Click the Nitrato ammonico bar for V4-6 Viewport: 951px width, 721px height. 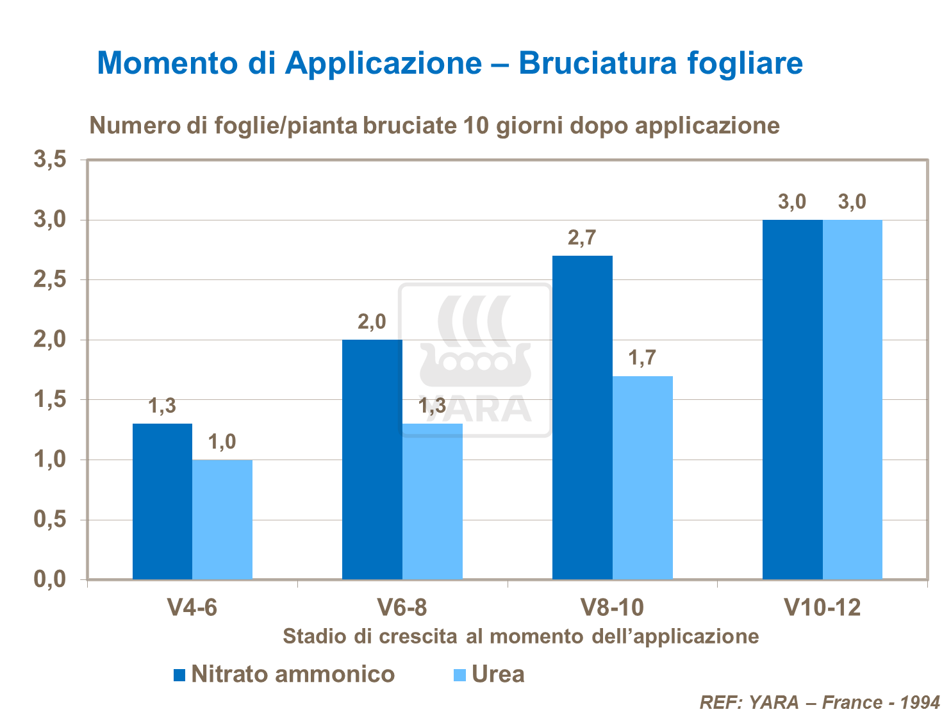tap(162, 501)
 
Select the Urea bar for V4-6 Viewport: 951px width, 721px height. tap(222, 519)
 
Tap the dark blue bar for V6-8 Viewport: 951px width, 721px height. tap(372, 459)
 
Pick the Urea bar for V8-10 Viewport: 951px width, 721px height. tap(643, 477)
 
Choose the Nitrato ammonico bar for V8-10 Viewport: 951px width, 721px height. tap(583, 417)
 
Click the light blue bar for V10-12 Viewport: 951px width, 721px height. tap(852, 399)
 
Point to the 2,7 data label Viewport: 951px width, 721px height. tap(582, 238)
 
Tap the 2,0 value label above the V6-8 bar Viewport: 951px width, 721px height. tap(372, 322)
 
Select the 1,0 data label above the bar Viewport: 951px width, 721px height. tap(222, 442)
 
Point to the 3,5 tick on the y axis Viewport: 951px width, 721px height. tap(50, 160)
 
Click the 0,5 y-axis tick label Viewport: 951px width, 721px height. tap(50, 520)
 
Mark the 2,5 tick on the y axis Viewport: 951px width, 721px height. tap(50, 280)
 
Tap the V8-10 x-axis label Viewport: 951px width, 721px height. tap(612, 607)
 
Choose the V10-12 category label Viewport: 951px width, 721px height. tap(823, 607)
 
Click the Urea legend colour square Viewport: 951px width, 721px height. tap(459, 675)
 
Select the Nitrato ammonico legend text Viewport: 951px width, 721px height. tap(293, 674)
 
